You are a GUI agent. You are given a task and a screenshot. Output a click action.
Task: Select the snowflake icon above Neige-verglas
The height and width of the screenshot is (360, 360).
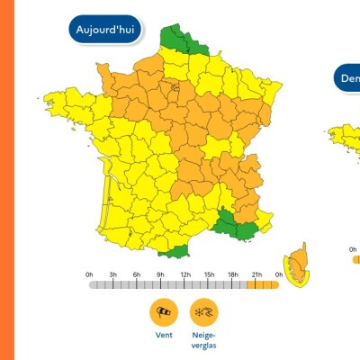(x=203, y=311)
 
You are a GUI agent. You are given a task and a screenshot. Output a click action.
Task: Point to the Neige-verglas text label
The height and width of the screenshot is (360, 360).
(x=203, y=339)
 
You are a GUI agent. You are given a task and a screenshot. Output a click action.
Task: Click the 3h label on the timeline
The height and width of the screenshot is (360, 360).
(x=113, y=274)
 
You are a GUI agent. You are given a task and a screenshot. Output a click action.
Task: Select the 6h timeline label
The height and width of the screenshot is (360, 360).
(x=137, y=274)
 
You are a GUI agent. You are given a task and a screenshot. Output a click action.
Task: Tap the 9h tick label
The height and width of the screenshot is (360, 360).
(x=161, y=274)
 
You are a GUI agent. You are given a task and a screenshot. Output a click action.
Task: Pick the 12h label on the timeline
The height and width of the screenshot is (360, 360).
(x=184, y=274)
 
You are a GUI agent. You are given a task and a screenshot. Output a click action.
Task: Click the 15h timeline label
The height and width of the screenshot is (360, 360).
(x=209, y=274)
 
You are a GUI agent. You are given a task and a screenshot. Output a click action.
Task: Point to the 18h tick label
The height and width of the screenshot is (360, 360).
(x=232, y=274)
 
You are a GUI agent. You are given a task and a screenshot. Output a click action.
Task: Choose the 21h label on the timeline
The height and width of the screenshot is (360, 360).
(x=256, y=274)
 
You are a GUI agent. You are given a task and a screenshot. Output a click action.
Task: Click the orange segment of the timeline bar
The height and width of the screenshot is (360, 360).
(x=263, y=284)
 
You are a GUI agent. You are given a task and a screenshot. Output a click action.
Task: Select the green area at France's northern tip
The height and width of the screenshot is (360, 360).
(x=180, y=41)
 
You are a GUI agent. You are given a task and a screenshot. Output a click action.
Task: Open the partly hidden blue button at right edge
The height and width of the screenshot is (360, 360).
(x=348, y=78)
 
